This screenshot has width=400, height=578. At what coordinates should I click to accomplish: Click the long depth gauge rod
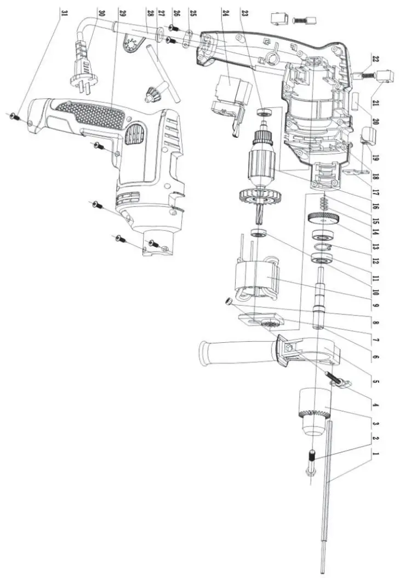coord(326,492)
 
